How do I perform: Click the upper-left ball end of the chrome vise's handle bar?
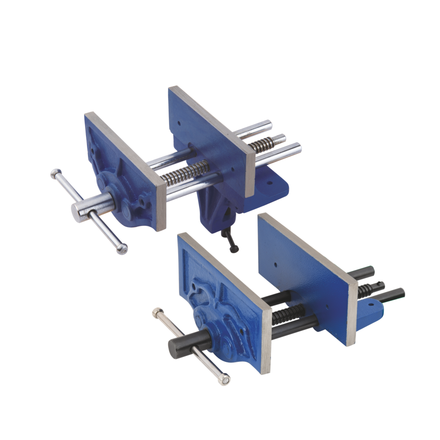tap(53, 173)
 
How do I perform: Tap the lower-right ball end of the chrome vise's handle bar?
tap(123, 249)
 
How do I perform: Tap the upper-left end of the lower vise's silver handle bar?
tap(157, 311)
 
